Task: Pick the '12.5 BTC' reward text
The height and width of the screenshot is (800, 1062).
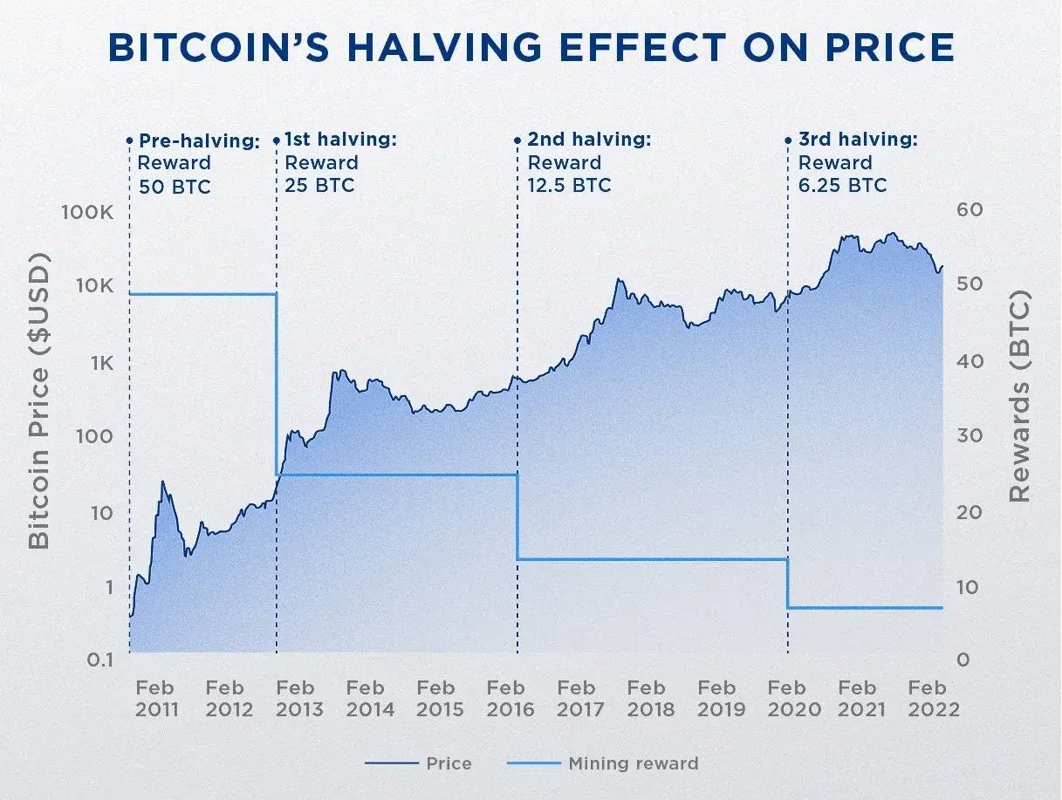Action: (569, 186)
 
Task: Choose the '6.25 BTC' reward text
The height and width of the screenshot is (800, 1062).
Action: (842, 186)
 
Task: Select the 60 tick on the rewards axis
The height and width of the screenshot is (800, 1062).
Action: (970, 210)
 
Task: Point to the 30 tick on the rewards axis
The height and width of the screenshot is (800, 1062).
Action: (970, 435)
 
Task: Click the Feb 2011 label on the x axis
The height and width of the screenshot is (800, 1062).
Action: (156, 699)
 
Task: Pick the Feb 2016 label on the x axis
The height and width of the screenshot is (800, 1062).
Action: (510, 699)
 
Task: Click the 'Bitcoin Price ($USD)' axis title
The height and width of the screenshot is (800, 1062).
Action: (38, 401)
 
